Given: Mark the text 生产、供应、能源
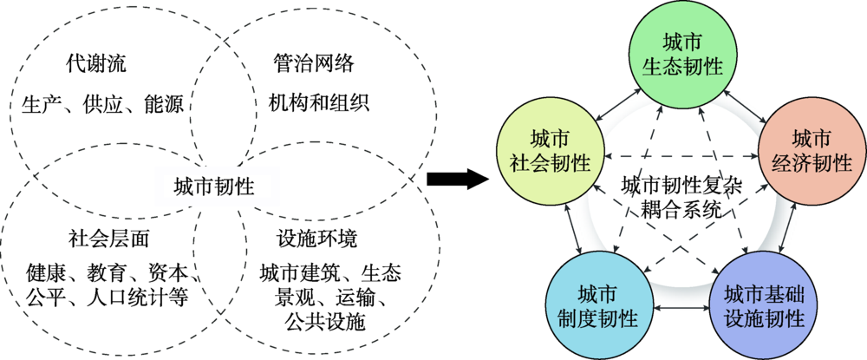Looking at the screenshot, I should click(102, 106).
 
